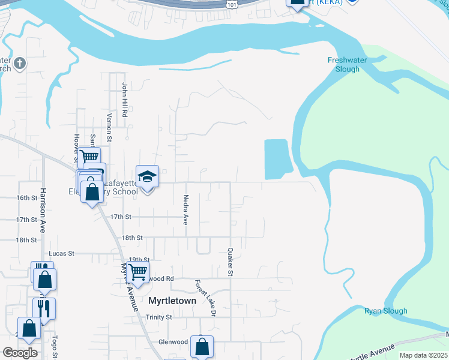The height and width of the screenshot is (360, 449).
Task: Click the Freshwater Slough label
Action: [343, 64]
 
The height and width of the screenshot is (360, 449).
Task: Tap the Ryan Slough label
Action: [385, 311]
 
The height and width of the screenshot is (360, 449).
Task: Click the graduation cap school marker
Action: [148, 177]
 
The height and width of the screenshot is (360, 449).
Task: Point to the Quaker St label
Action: [230, 262]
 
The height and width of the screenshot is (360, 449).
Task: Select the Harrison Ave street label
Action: [43, 210]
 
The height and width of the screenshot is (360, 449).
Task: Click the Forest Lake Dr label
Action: [204, 297]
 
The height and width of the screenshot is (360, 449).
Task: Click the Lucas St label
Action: [61, 253]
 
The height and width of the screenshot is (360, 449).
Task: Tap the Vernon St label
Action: [109, 127]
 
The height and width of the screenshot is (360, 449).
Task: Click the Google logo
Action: [19, 352]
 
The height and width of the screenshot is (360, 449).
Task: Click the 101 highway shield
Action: [233, 4]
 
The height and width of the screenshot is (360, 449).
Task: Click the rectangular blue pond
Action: [277, 159]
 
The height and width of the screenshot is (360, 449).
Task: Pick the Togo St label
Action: [55, 347]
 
